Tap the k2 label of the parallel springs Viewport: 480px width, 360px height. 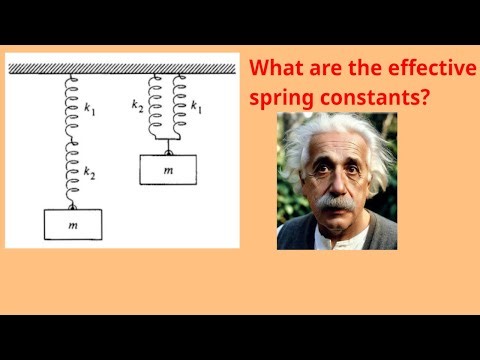pyautogui.click(x=138, y=104)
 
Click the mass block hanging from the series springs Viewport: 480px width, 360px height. pyautogui.click(x=73, y=226)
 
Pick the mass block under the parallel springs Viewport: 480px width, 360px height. pyautogui.click(x=167, y=171)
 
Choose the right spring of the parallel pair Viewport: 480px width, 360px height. pyautogui.click(x=180, y=110)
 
